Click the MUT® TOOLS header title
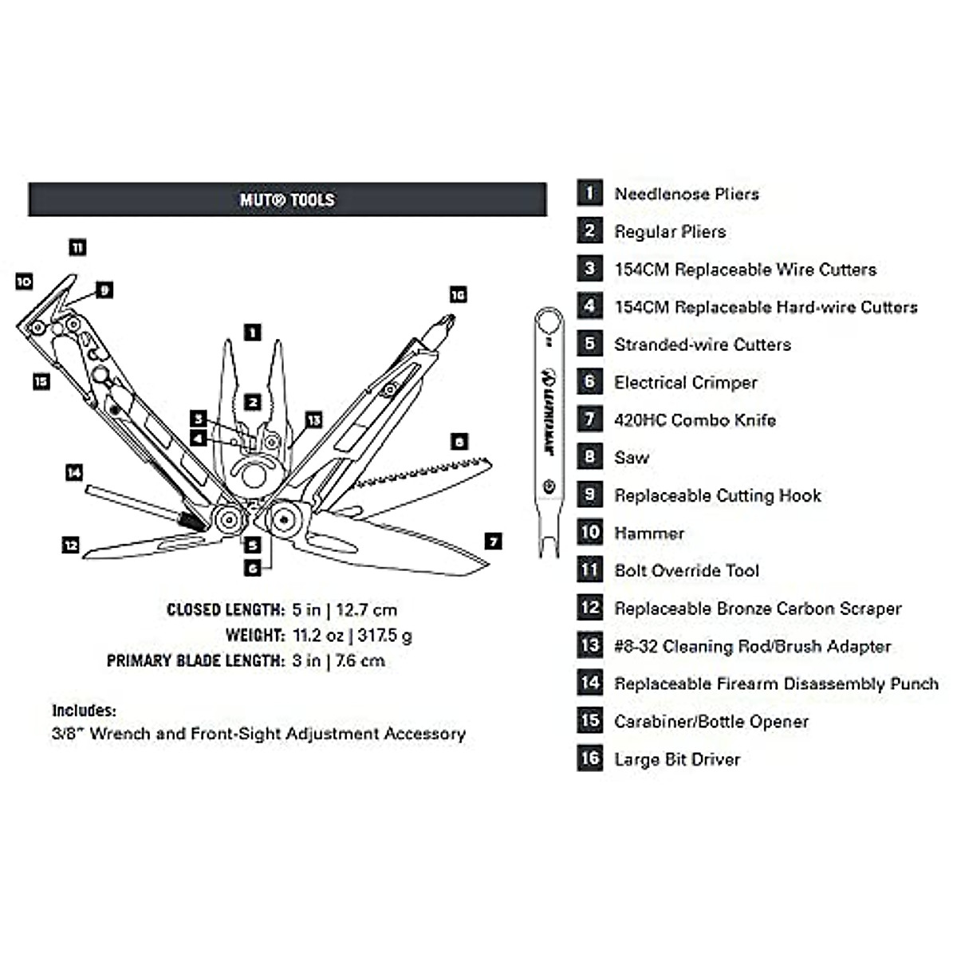[x=287, y=199]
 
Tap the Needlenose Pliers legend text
[x=687, y=194]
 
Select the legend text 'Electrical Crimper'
[x=685, y=383]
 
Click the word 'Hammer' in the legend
[x=649, y=534]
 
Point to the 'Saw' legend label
[x=631, y=458]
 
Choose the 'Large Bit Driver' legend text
[x=677, y=759]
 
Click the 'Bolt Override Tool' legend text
[x=687, y=571]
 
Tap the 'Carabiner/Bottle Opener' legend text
[x=711, y=722]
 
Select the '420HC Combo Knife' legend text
[x=695, y=420]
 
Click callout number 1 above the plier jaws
[x=253, y=333]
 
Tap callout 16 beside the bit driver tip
[x=458, y=295]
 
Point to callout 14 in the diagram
[x=74, y=472]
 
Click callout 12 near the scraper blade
[x=70, y=545]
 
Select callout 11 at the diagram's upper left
[x=77, y=247]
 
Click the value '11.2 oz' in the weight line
[x=318, y=635]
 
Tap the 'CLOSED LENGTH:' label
[x=226, y=610]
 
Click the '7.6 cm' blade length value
[x=360, y=661]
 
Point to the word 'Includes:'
[x=85, y=711]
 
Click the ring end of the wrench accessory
[x=549, y=321]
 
